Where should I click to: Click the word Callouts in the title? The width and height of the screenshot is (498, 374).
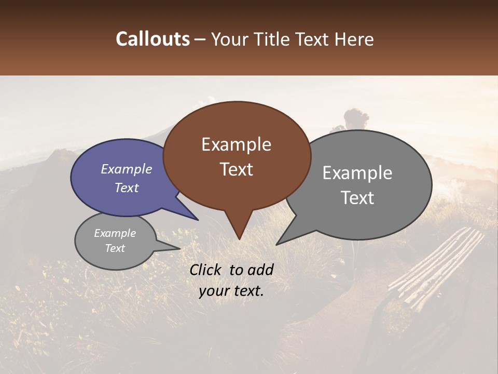pyautogui.click(x=153, y=39)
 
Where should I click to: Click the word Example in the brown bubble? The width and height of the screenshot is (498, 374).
pyautogui.click(x=236, y=144)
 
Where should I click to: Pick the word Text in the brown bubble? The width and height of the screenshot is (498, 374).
pyautogui.click(x=236, y=169)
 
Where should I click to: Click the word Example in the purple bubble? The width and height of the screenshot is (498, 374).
pyautogui.click(x=126, y=169)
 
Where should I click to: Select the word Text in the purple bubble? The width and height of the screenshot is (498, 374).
pyautogui.click(x=126, y=188)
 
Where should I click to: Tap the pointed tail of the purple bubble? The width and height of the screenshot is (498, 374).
pyautogui.click(x=197, y=219)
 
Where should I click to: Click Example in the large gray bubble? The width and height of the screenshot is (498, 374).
pyautogui.click(x=357, y=173)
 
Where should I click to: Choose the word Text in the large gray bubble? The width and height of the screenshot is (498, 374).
pyautogui.click(x=357, y=197)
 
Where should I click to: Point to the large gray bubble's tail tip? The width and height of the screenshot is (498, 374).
pyautogui.click(x=278, y=244)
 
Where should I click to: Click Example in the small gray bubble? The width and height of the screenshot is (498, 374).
pyautogui.click(x=115, y=233)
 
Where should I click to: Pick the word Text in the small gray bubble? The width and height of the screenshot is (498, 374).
pyautogui.click(x=115, y=248)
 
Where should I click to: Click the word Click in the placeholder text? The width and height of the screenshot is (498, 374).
pyautogui.click(x=206, y=270)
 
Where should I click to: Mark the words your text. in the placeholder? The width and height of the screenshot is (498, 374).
pyautogui.click(x=231, y=291)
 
